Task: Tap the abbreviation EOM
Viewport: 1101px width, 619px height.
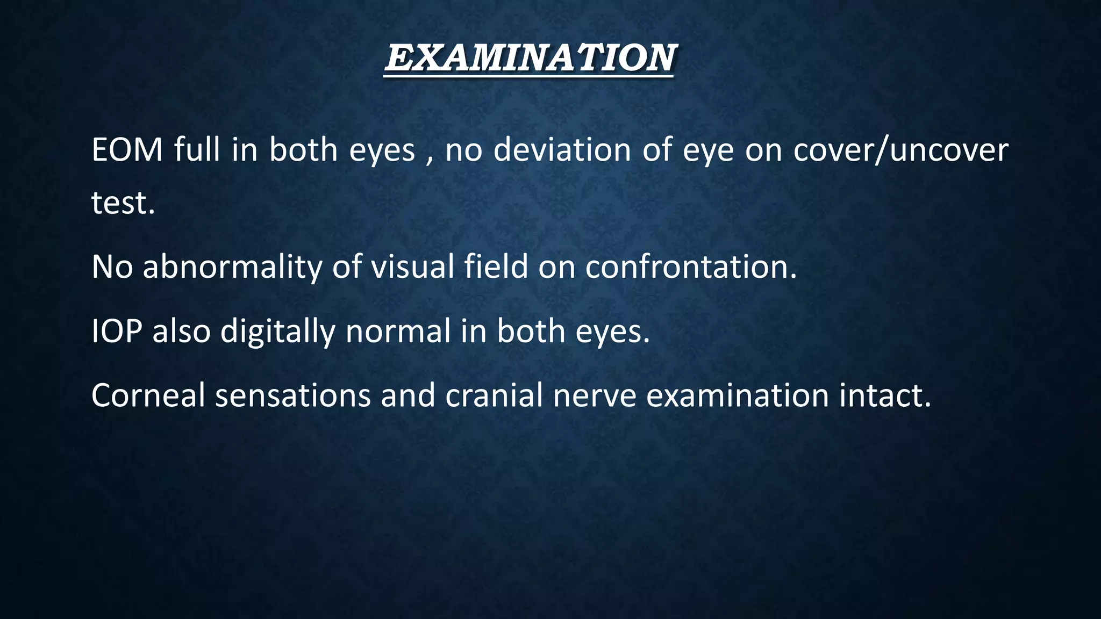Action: (127, 150)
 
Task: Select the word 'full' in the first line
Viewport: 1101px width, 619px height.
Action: (196, 150)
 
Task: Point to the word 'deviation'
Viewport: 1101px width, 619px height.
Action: (562, 150)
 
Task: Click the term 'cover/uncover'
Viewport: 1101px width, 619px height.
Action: (900, 150)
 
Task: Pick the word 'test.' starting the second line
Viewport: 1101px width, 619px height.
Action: (123, 203)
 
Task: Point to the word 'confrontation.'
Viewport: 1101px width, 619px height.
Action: (691, 267)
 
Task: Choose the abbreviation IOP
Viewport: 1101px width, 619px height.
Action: (117, 331)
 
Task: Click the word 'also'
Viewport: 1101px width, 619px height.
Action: (181, 331)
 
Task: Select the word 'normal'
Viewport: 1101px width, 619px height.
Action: (398, 331)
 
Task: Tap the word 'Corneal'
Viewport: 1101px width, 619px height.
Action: (148, 395)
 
